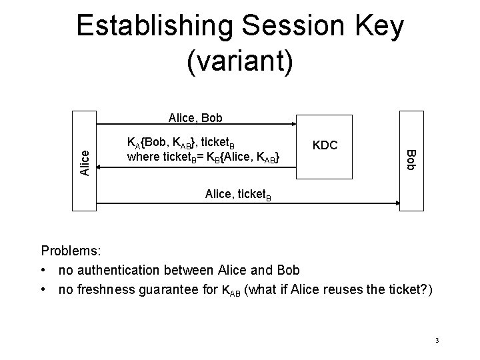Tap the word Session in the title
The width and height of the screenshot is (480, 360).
289,27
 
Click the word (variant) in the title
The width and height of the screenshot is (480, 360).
240,63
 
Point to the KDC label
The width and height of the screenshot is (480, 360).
325,145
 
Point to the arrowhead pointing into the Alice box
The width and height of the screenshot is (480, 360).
102,169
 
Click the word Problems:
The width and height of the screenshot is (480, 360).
71,251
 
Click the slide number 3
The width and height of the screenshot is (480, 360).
436,341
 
